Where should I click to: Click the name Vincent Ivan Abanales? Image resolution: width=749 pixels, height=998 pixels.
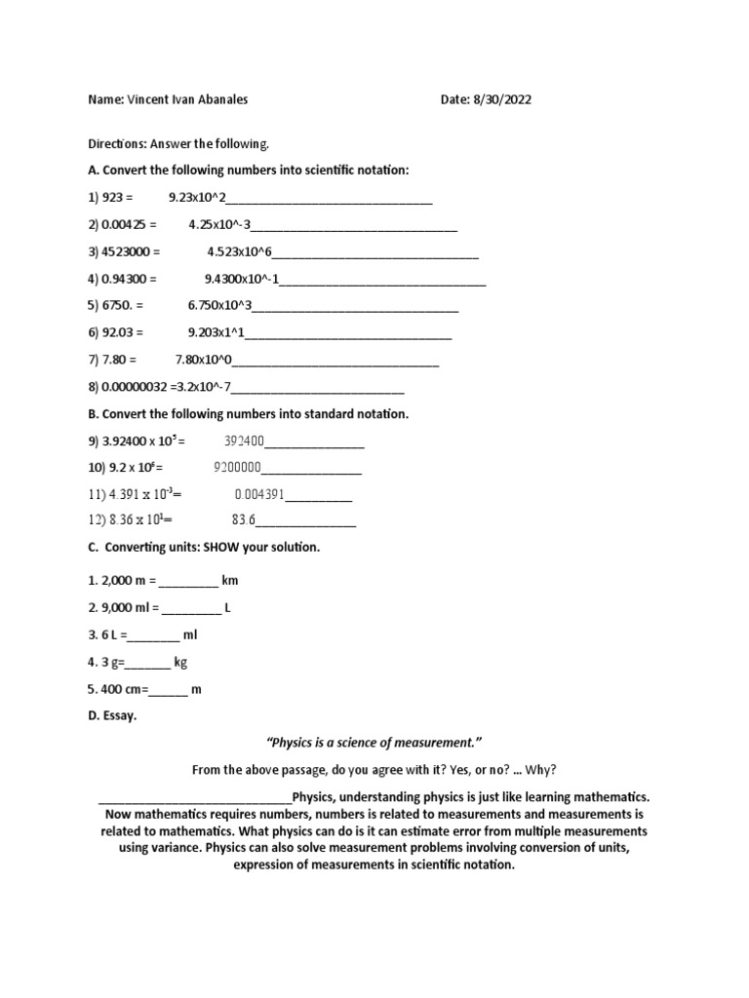tap(184, 99)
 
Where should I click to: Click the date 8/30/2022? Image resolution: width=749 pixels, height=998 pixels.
tap(502, 99)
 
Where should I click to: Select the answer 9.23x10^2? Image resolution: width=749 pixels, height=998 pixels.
tap(197, 198)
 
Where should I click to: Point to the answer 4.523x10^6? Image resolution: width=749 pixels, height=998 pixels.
tap(240, 251)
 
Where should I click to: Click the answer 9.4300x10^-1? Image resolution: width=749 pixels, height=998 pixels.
tap(242, 279)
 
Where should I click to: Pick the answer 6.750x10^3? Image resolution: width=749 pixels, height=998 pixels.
tap(219, 305)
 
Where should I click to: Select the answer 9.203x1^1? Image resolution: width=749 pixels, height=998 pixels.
tap(216, 332)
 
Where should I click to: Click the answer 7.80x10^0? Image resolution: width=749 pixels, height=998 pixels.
tap(204, 360)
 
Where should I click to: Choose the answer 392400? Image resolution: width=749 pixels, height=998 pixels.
tap(245, 441)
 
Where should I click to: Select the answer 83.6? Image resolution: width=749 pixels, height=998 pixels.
tap(243, 520)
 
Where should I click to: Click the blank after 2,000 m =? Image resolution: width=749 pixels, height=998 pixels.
tap(188, 581)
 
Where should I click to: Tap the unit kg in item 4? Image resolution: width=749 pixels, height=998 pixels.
tap(180, 662)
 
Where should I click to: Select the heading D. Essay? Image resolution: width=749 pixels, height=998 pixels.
tap(112, 715)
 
